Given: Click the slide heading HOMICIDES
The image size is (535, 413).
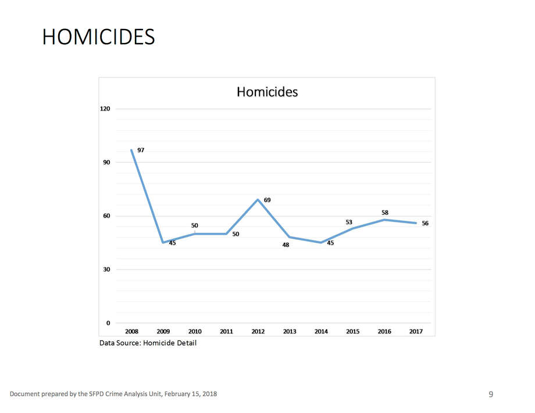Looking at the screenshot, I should coord(98,37).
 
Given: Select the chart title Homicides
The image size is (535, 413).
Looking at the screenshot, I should coord(267,92).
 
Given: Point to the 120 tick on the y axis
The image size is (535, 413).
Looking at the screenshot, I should coord(106,109).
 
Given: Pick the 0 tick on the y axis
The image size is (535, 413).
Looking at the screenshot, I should coord(108,323).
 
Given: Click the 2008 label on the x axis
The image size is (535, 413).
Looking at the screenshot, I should coord(131,332).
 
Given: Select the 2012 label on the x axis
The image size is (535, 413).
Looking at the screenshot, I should coord(258,332).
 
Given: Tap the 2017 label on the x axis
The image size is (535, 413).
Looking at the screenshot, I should coord(416,332).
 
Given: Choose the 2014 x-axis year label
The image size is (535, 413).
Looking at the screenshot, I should coord(321,332).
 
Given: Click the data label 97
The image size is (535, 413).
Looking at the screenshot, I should coord(141,150).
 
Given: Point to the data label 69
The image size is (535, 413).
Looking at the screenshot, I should coord(267,200).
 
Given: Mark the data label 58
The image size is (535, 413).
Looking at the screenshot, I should coord(385,213).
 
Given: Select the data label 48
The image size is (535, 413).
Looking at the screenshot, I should coord(286,245).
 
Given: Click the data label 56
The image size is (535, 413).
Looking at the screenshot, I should coord(425,223).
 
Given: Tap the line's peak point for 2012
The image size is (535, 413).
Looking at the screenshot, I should coord(258,200).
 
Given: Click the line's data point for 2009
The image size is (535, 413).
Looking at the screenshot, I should coord(163,242).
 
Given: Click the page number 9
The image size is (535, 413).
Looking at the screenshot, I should coord(491,394).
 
